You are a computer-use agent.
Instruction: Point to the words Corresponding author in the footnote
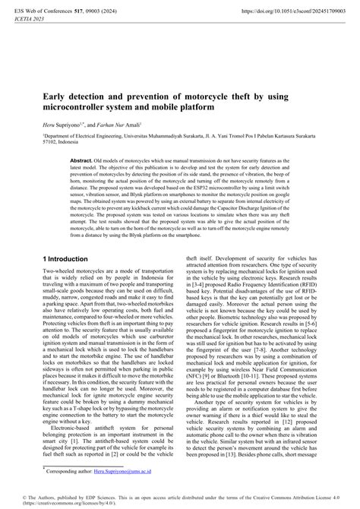tap(73, 472)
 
